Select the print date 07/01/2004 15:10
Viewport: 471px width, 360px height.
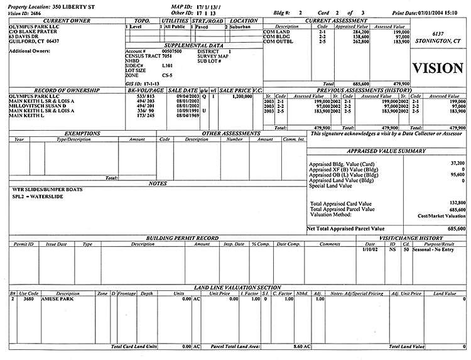click(440, 12)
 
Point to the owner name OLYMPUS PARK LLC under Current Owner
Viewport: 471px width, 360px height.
click(27, 26)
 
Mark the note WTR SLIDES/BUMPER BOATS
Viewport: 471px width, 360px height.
click(48, 189)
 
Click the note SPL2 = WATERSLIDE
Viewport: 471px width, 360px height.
click(38, 197)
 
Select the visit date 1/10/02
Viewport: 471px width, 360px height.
click(371, 249)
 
